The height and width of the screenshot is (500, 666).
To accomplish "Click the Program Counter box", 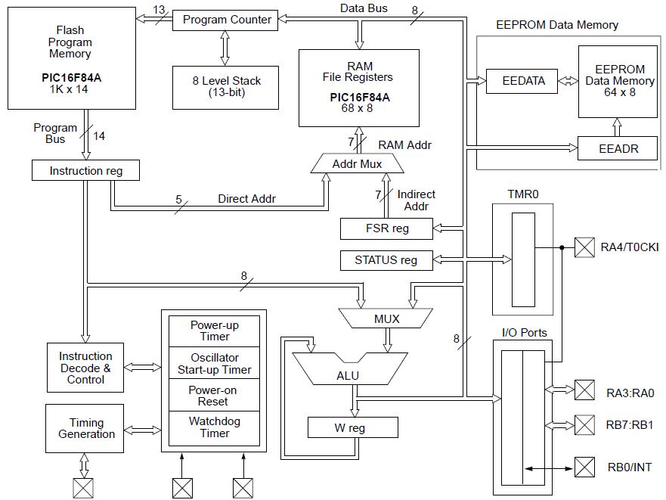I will pyautogui.click(x=226, y=20).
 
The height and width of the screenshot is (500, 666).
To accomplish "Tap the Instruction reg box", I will pyautogui.click(x=86, y=170).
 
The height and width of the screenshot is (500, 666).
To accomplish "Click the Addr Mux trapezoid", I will pyautogui.click(x=357, y=163).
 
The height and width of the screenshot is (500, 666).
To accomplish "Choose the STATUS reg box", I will pyautogui.click(x=386, y=260).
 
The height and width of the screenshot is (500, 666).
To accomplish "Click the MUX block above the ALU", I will pyautogui.click(x=386, y=318).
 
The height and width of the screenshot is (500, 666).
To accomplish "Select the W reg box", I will pyautogui.click(x=352, y=427).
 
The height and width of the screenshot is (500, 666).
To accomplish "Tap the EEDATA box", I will pyautogui.click(x=524, y=81).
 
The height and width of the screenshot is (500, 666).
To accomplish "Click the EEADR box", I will pyautogui.click(x=618, y=148).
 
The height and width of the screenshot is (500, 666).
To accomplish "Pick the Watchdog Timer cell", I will pyautogui.click(x=215, y=427).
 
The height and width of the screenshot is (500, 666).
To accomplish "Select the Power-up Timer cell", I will pyautogui.click(x=215, y=331).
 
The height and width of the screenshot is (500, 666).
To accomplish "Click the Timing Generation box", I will pyautogui.click(x=86, y=428).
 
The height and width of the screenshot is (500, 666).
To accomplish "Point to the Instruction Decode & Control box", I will pyautogui.click(x=85, y=368).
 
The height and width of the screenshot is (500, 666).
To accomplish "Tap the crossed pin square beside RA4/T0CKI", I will pyautogui.click(x=584, y=247).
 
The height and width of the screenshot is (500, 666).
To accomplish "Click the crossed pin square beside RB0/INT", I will pyautogui.click(x=584, y=467).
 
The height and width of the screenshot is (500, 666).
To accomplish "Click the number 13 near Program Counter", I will pyautogui.click(x=159, y=9).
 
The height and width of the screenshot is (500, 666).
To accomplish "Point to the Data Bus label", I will pyautogui.click(x=364, y=8).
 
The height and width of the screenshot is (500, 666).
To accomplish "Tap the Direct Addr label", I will pyautogui.click(x=246, y=199).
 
